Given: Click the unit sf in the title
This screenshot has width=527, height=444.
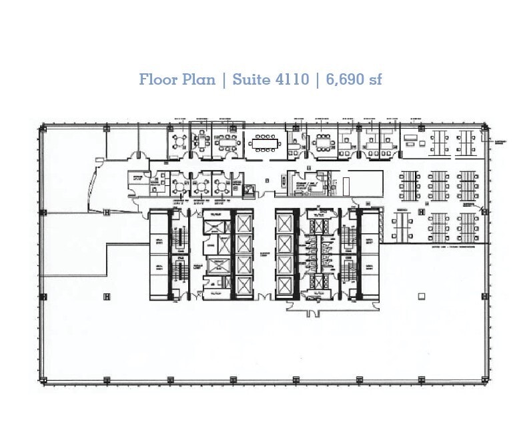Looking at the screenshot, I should (375, 79).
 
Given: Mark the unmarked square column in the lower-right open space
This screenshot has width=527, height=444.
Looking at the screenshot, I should (420, 295).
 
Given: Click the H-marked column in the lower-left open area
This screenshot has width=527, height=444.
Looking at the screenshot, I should (106, 295).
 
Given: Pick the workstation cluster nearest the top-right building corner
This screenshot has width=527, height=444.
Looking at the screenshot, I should (468, 141).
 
